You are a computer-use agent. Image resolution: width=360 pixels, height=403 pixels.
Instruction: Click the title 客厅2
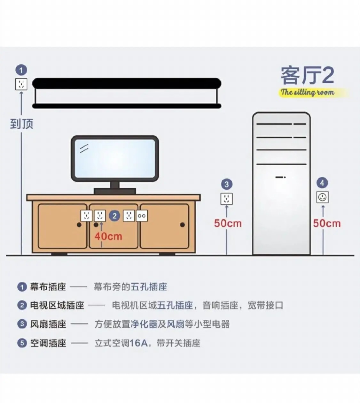tap(307, 76)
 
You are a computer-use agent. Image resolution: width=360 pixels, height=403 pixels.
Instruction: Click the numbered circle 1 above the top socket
tap(21, 70)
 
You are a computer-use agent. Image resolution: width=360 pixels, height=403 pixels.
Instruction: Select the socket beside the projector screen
tap(21, 84)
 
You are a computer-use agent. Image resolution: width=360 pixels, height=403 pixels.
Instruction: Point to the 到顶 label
tap(21, 124)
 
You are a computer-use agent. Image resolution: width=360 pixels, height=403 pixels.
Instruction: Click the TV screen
tap(115, 158)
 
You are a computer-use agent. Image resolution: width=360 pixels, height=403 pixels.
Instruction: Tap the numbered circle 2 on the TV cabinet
tap(114, 216)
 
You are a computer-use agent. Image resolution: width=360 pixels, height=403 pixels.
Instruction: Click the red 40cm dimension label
tap(108, 236)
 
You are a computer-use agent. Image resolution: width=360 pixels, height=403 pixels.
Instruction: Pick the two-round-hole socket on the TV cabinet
tap(142, 216)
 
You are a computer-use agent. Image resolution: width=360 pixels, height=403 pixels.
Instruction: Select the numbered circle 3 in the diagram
tap(227, 184)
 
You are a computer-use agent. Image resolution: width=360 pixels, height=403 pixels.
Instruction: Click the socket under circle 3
tap(227, 199)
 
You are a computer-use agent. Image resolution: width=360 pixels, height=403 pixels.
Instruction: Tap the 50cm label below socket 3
tap(228, 223)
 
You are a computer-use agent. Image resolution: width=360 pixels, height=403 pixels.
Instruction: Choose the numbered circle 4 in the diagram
tap(322, 183)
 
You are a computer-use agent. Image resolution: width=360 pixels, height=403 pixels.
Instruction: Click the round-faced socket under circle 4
tap(323, 197)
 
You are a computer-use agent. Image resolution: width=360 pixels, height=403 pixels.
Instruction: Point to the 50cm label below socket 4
tap(327, 223)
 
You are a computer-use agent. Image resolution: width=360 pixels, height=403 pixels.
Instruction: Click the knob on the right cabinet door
tap(182, 225)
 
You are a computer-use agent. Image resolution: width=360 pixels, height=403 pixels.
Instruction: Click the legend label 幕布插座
tap(48, 287)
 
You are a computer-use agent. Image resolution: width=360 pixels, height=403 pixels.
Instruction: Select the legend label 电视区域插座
tap(57, 305)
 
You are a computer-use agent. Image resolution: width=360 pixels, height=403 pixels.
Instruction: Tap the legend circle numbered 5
tap(22, 343)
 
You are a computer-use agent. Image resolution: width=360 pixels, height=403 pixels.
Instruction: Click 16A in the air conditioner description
tap(139, 343)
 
